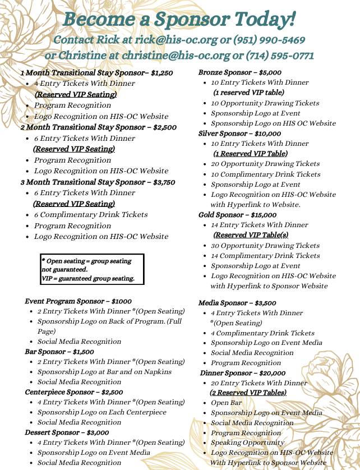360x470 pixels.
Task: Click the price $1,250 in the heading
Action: [x=162, y=73]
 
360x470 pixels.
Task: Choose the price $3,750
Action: [x=163, y=182]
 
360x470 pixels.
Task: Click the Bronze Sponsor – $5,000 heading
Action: [x=239, y=72]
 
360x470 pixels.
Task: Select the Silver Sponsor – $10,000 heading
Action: [x=239, y=133]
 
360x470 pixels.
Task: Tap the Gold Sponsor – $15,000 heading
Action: [x=237, y=215]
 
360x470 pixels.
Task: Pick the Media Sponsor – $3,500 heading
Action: [x=237, y=303]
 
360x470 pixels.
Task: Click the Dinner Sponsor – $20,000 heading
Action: [x=243, y=373]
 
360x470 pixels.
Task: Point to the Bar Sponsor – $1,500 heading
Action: [x=59, y=352]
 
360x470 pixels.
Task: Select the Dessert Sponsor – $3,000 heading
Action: [x=67, y=432]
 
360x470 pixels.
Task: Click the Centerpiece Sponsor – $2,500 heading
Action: [x=74, y=392]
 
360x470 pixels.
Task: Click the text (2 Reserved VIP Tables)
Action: [x=248, y=393]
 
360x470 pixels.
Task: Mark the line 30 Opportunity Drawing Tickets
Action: [x=265, y=246]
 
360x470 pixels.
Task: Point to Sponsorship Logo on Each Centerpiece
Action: [x=101, y=412]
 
